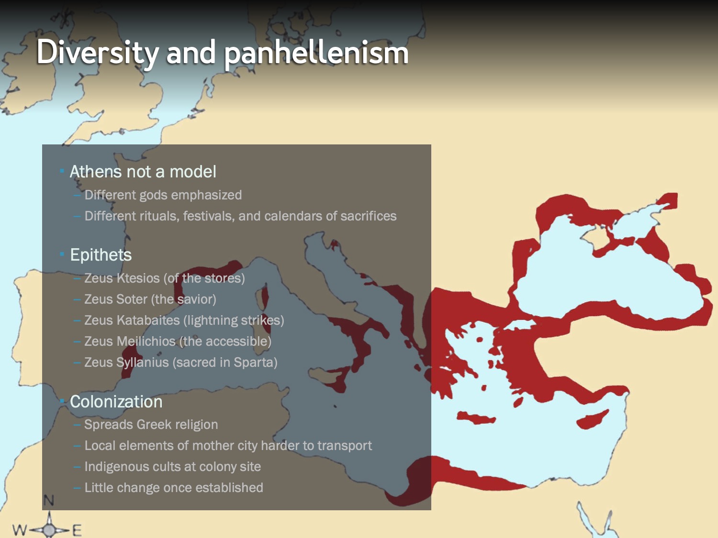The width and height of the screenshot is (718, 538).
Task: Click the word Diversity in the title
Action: click(98, 52)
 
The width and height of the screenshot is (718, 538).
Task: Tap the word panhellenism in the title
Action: click(316, 52)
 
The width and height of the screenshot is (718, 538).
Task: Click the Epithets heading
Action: click(101, 255)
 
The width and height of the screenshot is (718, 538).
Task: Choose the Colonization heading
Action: click(116, 401)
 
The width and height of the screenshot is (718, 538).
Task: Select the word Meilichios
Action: click(146, 341)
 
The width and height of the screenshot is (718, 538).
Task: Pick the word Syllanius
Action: click(143, 362)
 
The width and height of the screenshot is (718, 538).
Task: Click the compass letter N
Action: click(48, 500)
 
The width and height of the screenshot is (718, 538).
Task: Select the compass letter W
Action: click(20, 529)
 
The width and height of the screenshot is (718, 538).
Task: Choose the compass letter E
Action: click(77, 530)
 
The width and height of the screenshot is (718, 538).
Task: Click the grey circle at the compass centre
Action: click(49, 529)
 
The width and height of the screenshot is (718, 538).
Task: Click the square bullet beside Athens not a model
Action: click(61, 171)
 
